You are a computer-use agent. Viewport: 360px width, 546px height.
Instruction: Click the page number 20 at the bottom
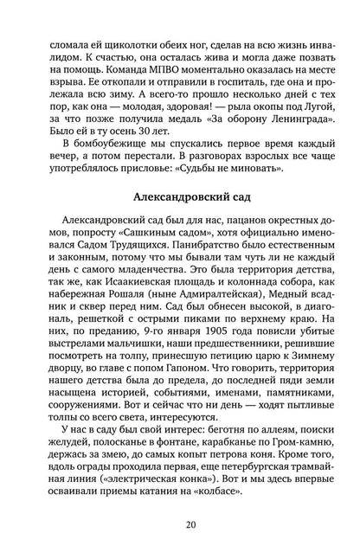click(180, 524)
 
